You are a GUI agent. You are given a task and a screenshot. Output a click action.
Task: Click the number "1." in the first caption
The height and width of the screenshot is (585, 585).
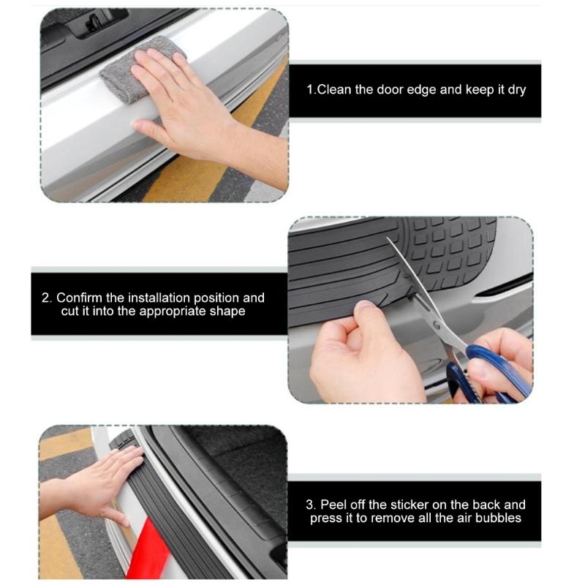click(310, 90)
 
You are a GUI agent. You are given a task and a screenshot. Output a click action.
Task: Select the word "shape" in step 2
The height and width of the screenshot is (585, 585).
click(225, 311)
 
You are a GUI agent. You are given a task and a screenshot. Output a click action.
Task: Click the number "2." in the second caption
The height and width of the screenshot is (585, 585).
click(47, 298)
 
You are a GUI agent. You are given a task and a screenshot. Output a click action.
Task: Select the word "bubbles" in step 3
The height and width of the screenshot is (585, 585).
click(498, 518)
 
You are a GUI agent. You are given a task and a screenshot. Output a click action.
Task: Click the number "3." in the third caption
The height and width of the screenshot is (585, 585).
click(311, 505)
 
